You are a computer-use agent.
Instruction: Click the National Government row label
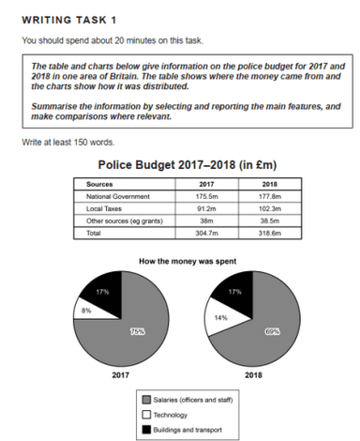pyautogui.click(x=112, y=197)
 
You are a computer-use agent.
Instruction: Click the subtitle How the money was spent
pyautogui.click(x=183, y=258)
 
